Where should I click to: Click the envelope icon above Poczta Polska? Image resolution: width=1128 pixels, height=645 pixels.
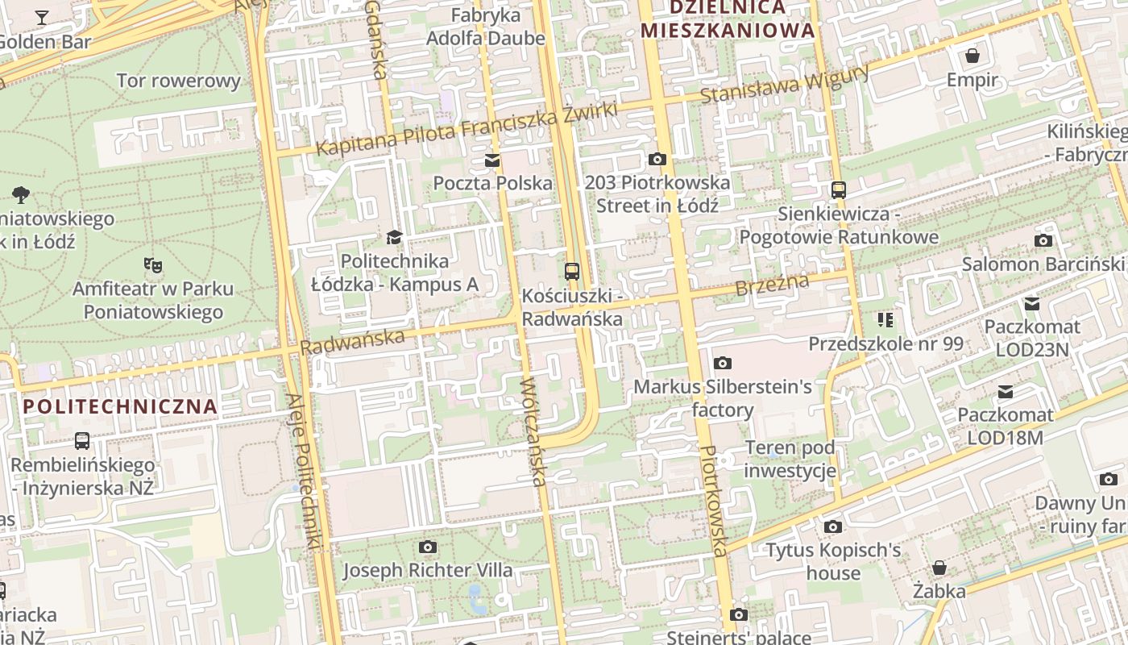click(x=491, y=160)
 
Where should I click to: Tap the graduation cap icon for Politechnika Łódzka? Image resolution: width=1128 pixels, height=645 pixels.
click(x=393, y=237)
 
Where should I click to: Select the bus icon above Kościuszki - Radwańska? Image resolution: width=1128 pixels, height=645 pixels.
click(x=572, y=272)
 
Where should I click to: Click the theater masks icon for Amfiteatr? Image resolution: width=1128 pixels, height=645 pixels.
click(x=151, y=264)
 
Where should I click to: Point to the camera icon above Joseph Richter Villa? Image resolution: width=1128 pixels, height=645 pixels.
click(x=428, y=547)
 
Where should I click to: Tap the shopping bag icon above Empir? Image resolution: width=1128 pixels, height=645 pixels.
click(x=972, y=56)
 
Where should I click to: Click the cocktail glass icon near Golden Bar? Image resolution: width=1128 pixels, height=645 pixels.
click(x=42, y=17)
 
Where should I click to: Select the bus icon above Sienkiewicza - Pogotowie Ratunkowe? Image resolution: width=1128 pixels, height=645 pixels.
click(x=839, y=190)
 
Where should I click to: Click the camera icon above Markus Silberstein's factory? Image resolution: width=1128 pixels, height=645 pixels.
click(x=723, y=364)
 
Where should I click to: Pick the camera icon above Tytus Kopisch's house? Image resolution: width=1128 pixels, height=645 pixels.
click(x=833, y=527)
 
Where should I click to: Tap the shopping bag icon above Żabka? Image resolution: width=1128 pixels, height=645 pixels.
click(x=939, y=568)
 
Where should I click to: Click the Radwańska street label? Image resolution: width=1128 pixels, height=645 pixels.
click(x=352, y=341)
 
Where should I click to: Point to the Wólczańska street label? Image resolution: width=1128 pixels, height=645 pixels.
click(x=534, y=432)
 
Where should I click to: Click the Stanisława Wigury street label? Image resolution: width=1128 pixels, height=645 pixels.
click(x=784, y=84)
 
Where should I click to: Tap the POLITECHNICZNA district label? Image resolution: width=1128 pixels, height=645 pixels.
click(x=121, y=406)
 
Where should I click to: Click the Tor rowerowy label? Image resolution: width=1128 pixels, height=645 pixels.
click(x=179, y=81)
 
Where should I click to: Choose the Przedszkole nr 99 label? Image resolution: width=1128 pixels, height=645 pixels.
click(x=885, y=343)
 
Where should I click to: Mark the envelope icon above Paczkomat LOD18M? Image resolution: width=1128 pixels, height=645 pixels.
click(x=1006, y=392)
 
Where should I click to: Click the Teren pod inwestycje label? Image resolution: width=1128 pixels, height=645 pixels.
click(x=790, y=459)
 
